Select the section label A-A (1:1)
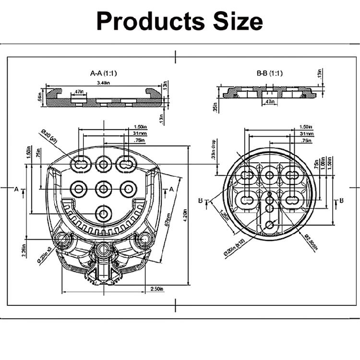[104, 73]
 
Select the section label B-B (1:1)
[270, 73]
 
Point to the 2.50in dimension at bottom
[156, 289]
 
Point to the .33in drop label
[213, 150]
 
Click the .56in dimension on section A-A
[41, 98]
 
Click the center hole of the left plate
[104, 189]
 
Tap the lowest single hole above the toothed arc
[104, 212]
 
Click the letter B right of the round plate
[341, 200]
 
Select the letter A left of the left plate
[16, 189]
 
